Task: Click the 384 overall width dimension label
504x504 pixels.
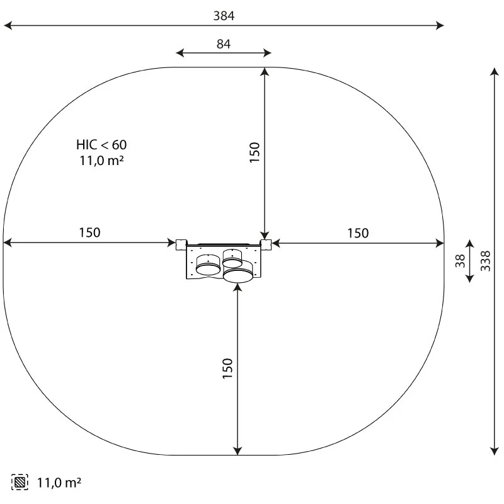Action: (x=224, y=16)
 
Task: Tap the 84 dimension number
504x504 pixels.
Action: (x=224, y=44)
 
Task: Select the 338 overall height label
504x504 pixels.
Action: (x=485, y=261)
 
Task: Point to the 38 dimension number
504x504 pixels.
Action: (x=460, y=261)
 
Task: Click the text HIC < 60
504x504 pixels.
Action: (x=101, y=145)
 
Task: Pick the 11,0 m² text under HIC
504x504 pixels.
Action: (x=101, y=161)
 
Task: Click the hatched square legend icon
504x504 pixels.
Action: (x=20, y=482)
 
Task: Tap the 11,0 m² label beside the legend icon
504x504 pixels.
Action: (x=59, y=483)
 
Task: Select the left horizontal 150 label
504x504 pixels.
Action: (x=89, y=232)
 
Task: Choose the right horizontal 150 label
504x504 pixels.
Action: (x=358, y=233)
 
